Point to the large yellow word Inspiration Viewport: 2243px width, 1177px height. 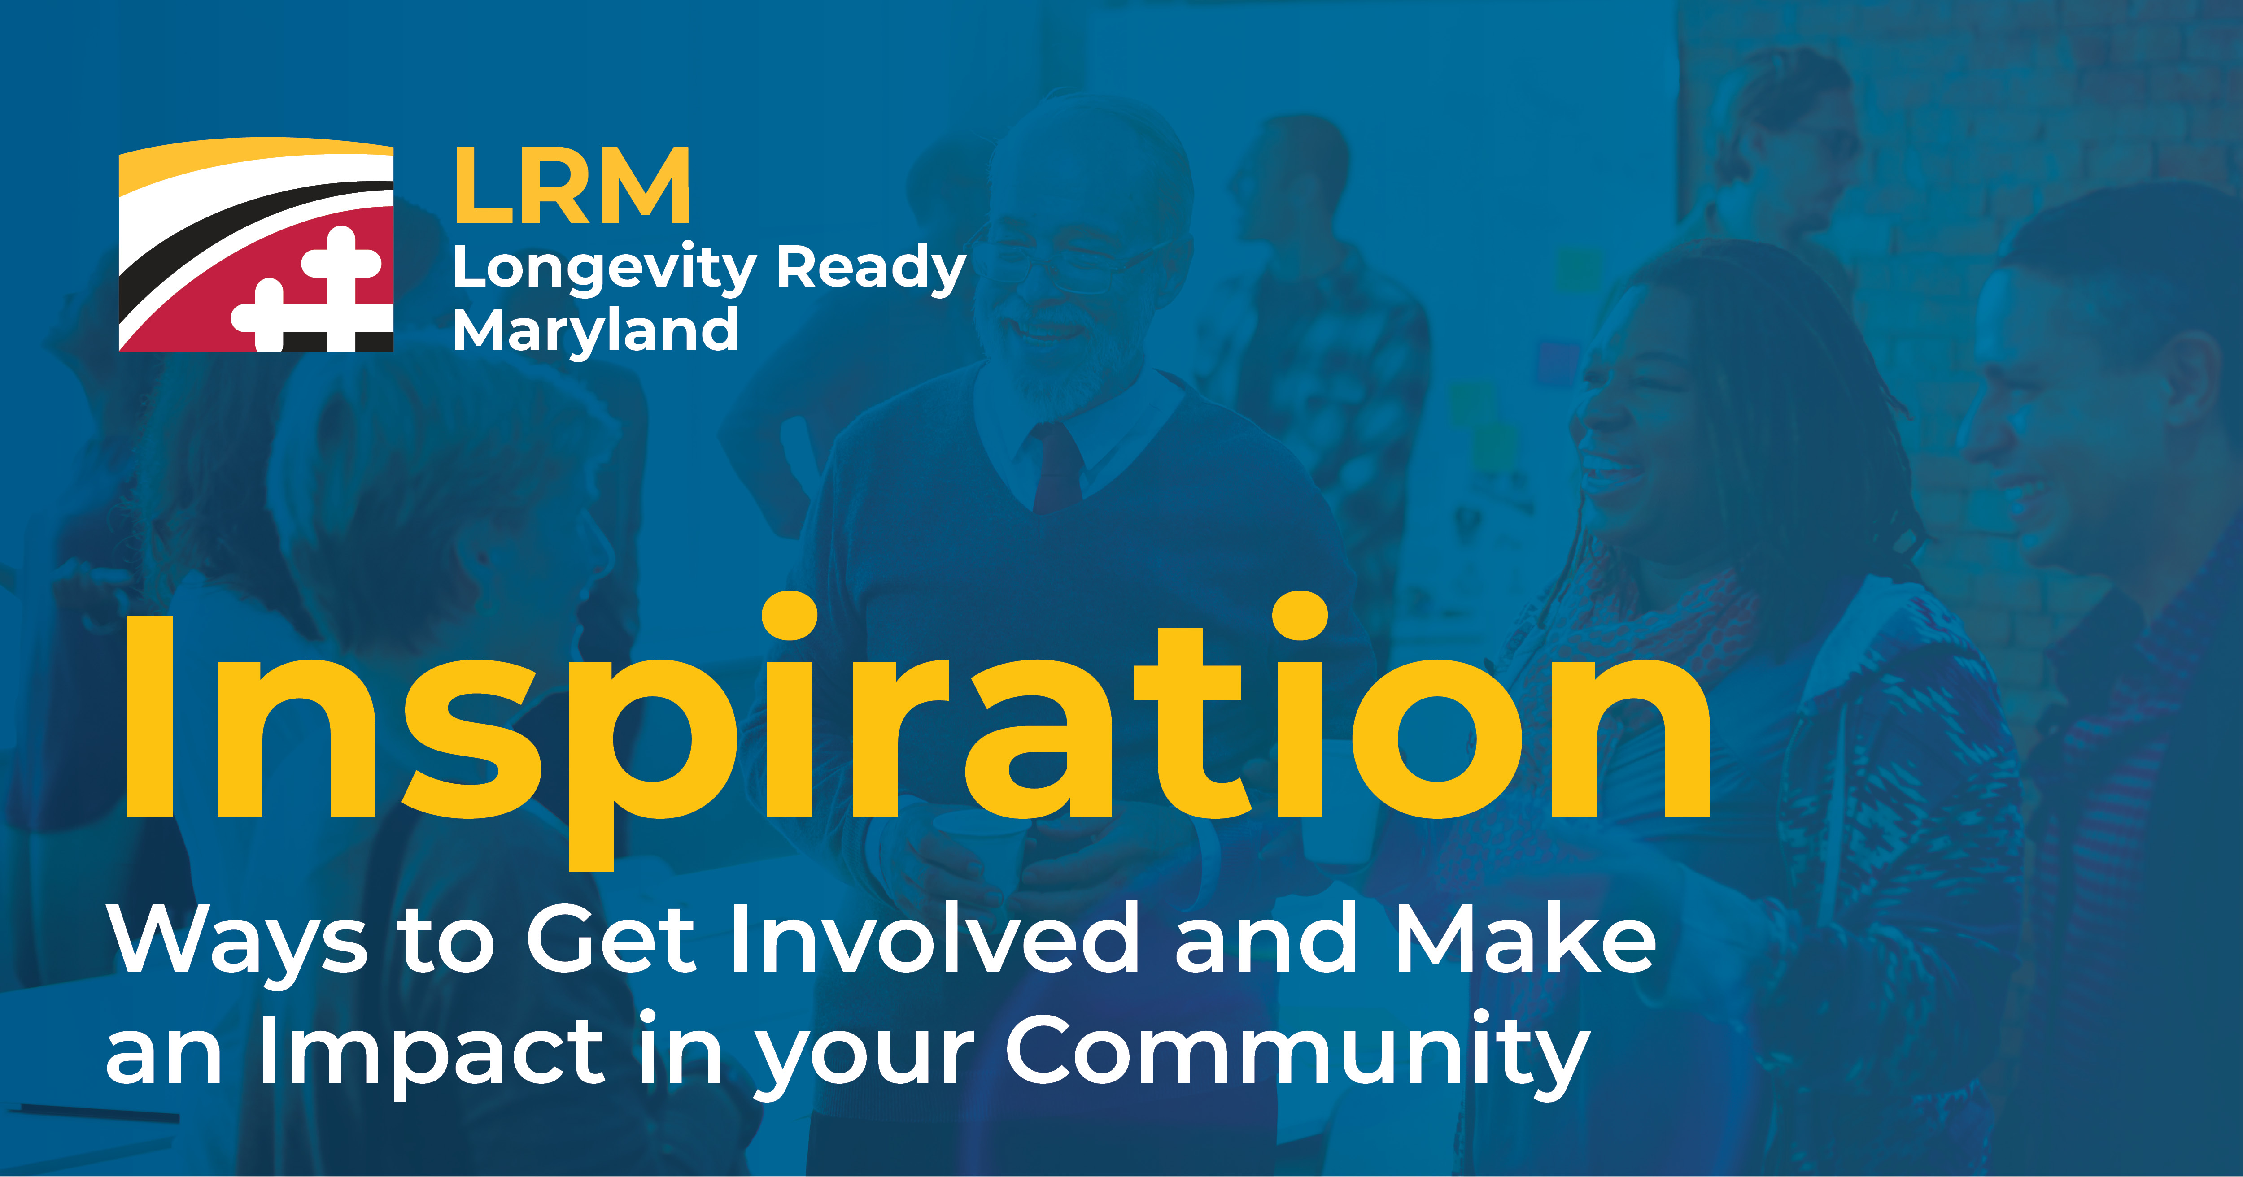tap(917, 731)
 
